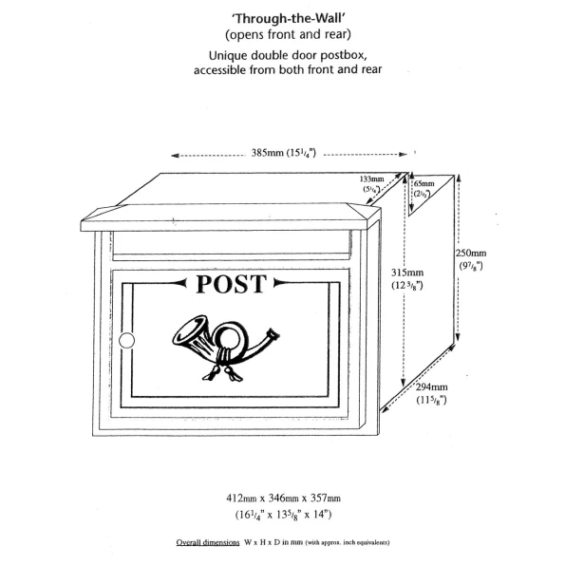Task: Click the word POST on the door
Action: [x=232, y=284]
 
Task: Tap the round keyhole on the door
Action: [x=126, y=341]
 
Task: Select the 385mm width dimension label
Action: [x=284, y=153]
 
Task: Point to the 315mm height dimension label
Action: [x=407, y=279]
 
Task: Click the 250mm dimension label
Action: [x=471, y=259]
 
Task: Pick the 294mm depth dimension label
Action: [x=432, y=393]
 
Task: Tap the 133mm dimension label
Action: [x=371, y=184]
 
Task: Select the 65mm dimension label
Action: [x=424, y=188]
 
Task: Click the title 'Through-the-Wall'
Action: [x=288, y=18]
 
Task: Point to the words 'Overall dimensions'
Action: [x=208, y=542]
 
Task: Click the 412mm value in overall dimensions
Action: [x=241, y=499]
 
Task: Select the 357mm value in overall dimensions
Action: [x=326, y=499]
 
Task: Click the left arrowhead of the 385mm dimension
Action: [x=175, y=156]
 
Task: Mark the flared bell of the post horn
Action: [x=188, y=330]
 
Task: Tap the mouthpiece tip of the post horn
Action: [x=273, y=333]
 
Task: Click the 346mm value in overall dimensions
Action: [x=284, y=499]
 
